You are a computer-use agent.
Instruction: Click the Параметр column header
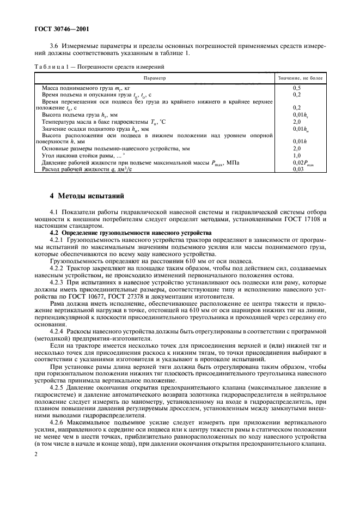point(154,78)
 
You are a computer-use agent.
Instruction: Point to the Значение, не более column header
point(300,78)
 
